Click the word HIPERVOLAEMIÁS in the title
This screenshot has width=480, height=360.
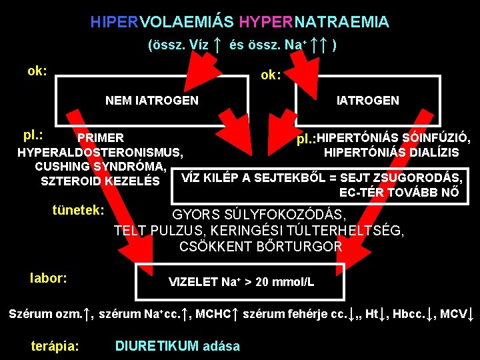point(162,22)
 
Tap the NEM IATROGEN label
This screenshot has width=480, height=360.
point(152,101)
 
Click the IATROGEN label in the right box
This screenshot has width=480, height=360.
point(368,101)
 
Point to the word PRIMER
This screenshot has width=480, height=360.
point(101,138)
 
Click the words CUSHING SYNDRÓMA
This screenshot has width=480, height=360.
point(101,166)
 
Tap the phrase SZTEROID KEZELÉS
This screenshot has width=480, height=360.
point(100,181)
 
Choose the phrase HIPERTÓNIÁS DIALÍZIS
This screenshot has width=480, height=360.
point(391,153)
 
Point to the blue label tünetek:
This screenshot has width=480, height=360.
point(79,210)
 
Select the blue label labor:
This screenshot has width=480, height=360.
point(49,277)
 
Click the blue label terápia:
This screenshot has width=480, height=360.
point(55,346)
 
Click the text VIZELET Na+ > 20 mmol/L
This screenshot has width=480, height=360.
point(241,282)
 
